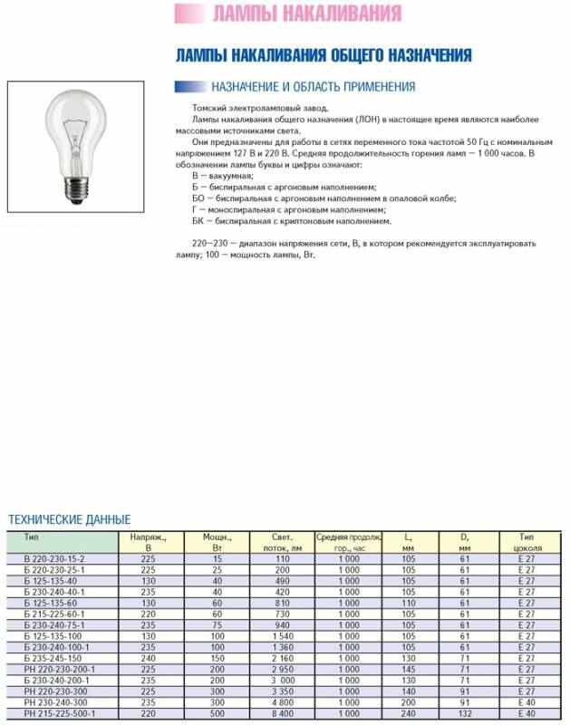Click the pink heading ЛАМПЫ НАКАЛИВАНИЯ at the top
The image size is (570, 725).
pos(306,14)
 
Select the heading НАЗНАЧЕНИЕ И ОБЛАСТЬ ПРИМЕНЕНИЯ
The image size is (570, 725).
pos(313,87)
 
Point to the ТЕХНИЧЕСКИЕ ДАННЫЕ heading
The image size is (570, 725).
pos(70,519)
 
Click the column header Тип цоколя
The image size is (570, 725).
pos(527,543)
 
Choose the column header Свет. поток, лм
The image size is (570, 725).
pos(281,543)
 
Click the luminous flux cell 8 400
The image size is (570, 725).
pos(283,713)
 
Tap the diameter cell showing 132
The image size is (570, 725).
pos(465,713)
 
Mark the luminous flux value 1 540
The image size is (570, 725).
pos(283,636)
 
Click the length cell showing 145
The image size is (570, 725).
pos(408,669)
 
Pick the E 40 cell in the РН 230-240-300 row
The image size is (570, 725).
pos(527,701)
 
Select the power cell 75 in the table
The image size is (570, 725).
pos(217,625)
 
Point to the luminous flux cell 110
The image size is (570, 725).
pos(283,559)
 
